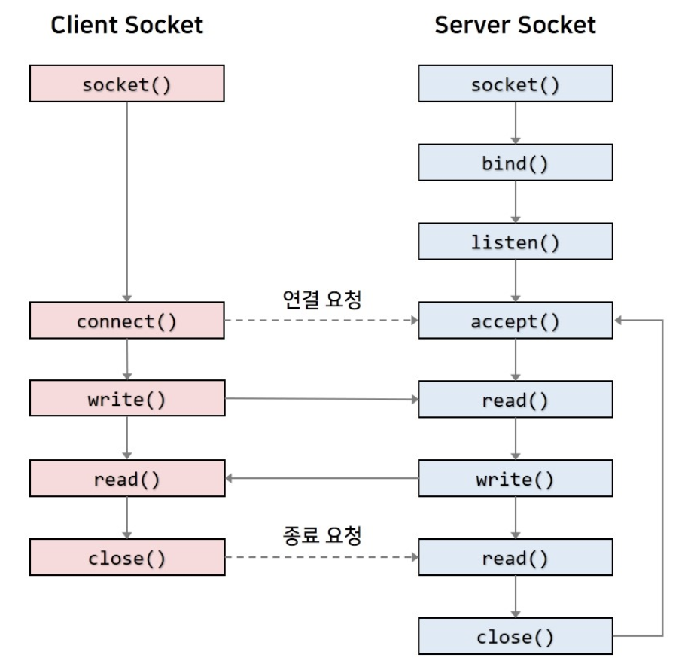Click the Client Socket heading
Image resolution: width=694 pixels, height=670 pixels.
(x=126, y=25)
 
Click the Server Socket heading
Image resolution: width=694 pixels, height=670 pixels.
(x=516, y=25)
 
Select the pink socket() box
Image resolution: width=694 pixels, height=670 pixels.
(x=126, y=84)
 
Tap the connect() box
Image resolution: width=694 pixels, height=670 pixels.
(x=126, y=321)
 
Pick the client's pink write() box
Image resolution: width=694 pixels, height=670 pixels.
(x=126, y=400)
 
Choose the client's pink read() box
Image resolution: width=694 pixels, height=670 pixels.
(x=126, y=480)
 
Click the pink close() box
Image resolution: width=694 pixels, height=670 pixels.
(x=126, y=559)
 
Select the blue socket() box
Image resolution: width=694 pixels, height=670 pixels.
(x=516, y=84)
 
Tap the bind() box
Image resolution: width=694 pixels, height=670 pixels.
(x=516, y=163)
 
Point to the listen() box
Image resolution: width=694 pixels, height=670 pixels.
(x=516, y=242)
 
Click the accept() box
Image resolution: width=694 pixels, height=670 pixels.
(x=516, y=321)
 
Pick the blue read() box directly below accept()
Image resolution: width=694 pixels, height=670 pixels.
(x=516, y=400)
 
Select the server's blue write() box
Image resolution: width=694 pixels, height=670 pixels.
(x=516, y=480)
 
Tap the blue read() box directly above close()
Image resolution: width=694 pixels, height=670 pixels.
(x=516, y=559)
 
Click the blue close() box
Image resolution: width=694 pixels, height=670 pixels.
(x=516, y=638)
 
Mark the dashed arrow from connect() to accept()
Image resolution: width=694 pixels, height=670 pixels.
(x=321, y=321)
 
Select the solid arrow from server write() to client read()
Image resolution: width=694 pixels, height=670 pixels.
(x=321, y=479)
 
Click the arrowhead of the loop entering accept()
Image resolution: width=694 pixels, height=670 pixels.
(x=619, y=321)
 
